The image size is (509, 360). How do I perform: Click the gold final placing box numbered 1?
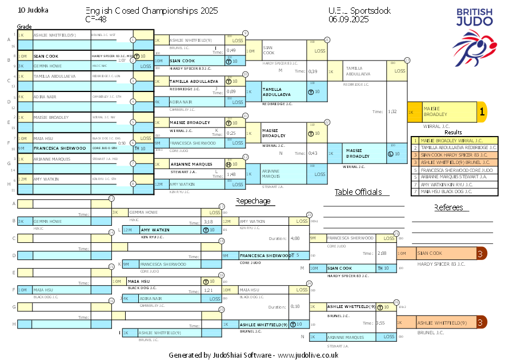pyautogui.click(x=482, y=112)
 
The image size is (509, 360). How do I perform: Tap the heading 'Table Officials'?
pyautogui.click(x=358, y=192)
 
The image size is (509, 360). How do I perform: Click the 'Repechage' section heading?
pyautogui.click(x=253, y=201)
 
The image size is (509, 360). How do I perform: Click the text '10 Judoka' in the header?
pyautogui.click(x=33, y=10)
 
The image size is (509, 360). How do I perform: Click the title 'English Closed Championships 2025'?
pyautogui.click(x=151, y=10)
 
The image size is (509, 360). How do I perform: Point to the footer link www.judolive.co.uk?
pyautogui.click(x=308, y=355)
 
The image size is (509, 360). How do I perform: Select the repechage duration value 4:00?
pyautogui.click(x=295, y=238)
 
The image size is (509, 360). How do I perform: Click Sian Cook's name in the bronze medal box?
pyautogui.click(x=430, y=253)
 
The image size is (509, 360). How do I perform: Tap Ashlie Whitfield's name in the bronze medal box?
pyautogui.click(x=442, y=323)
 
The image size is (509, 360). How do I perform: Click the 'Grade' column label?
pyautogui.click(x=25, y=27)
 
